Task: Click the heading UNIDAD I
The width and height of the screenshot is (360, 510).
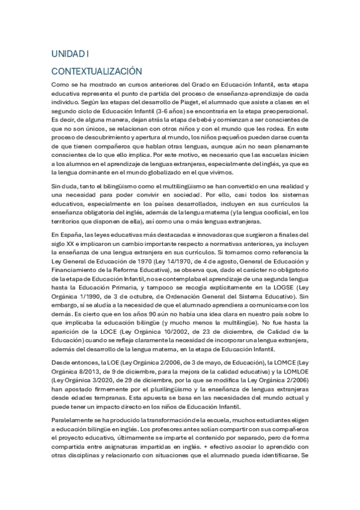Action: pyautogui.click(x=70, y=54)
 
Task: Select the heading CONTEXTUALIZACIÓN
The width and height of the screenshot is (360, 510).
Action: pyautogui.click(x=96, y=70)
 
